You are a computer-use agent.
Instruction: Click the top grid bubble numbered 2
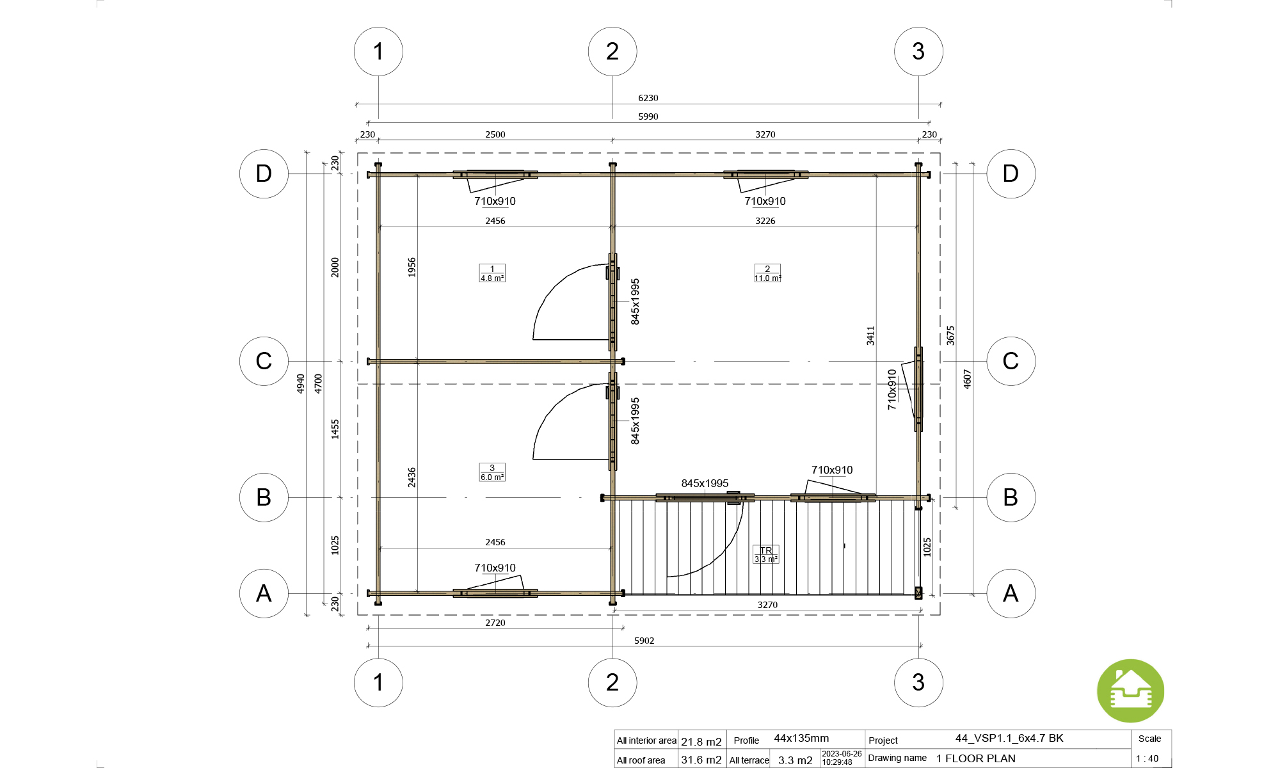pos(612,51)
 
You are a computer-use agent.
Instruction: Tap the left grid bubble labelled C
pos(264,361)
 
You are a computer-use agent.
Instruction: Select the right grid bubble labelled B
pos(1011,497)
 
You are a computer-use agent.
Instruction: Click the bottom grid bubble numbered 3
pos(918,682)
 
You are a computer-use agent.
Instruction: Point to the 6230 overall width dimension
pos(648,98)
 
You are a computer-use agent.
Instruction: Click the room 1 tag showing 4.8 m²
pos(492,273)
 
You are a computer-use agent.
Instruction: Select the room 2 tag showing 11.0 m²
pos(767,273)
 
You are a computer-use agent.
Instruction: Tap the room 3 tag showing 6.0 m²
pos(492,472)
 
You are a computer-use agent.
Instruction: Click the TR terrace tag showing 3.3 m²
pos(766,555)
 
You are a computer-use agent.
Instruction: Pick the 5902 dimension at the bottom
pos(644,641)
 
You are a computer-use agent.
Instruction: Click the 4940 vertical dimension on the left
pos(301,383)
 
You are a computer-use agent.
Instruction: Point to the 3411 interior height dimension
pos(870,335)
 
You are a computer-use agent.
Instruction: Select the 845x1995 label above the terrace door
pos(705,483)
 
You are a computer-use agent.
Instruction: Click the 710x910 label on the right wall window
pos(892,390)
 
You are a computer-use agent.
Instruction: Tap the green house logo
pos(1130,691)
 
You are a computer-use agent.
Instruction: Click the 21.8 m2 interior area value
pos(701,742)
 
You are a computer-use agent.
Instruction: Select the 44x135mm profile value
pos(801,739)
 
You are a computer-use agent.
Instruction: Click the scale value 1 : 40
pos(1147,759)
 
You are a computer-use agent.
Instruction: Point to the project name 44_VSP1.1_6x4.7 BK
pos(1009,739)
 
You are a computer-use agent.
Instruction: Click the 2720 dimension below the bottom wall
pos(495,623)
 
